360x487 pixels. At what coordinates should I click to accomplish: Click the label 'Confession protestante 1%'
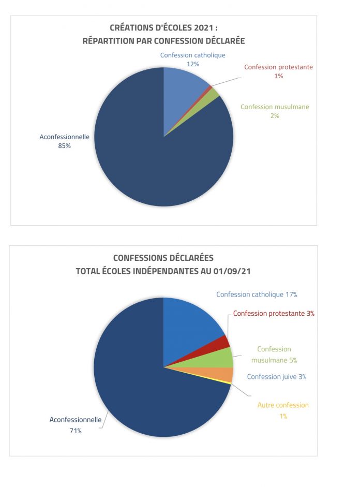[x=278, y=71]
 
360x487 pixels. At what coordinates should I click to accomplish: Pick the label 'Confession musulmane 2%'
[x=275, y=111]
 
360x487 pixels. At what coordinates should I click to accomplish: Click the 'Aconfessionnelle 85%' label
[x=65, y=141]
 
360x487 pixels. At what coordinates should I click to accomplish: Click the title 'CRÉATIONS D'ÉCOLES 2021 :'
[x=167, y=27]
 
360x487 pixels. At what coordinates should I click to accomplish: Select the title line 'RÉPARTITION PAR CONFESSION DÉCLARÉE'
[x=163, y=40]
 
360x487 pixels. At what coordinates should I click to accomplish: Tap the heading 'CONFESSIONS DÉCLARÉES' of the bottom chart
[x=163, y=258]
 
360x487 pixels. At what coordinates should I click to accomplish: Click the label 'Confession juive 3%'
[x=277, y=377]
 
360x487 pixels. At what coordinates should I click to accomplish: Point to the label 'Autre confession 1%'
[x=283, y=410]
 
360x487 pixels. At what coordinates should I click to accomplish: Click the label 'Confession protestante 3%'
[x=274, y=313]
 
